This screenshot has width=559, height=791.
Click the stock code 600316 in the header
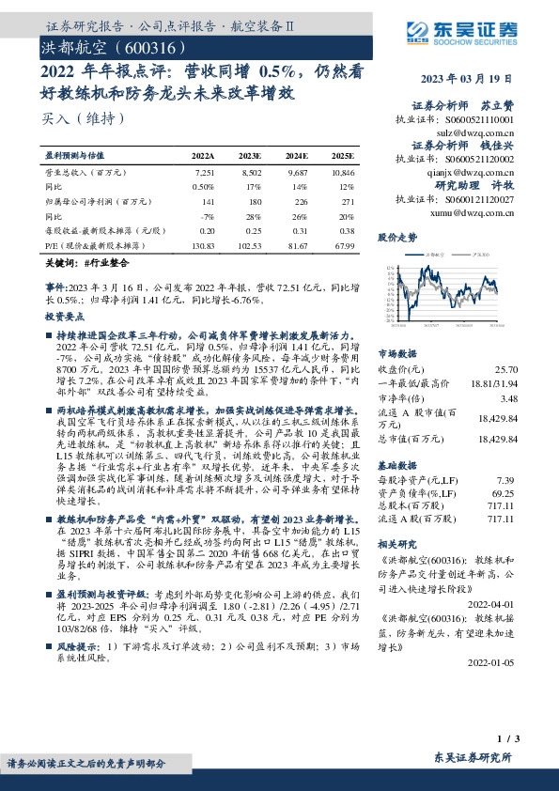click(x=143, y=46)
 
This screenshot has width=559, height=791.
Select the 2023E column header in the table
click(x=251, y=155)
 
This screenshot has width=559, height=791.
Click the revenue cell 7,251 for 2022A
click(x=204, y=174)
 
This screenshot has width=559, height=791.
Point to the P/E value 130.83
click(x=203, y=244)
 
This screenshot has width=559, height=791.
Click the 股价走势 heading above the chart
click(x=396, y=237)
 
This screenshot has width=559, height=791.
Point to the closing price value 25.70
click(x=506, y=373)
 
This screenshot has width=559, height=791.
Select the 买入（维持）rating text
click(x=84, y=118)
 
